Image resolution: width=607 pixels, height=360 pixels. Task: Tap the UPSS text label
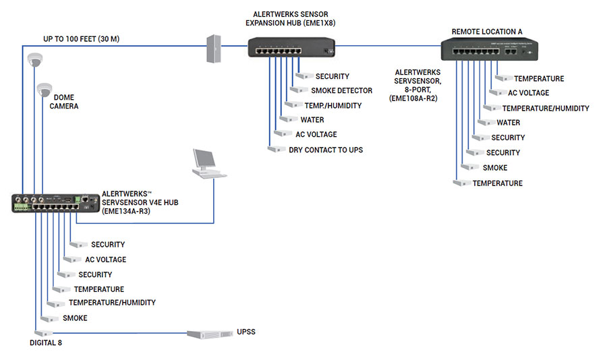click(246, 332)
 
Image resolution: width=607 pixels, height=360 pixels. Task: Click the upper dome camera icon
click(34, 61)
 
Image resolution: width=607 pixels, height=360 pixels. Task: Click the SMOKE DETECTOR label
click(341, 90)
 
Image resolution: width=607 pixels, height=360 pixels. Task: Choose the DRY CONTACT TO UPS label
click(326, 150)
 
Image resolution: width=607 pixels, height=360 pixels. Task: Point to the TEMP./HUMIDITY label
click(333, 105)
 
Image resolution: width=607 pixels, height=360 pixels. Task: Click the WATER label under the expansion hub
click(312, 120)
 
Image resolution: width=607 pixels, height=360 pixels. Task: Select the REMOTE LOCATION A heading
click(487, 31)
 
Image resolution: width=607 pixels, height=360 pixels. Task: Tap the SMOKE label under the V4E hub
click(75, 318)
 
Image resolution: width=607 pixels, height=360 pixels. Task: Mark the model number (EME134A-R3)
click(126, 211)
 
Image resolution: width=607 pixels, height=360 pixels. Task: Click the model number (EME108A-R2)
click(413, 98)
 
